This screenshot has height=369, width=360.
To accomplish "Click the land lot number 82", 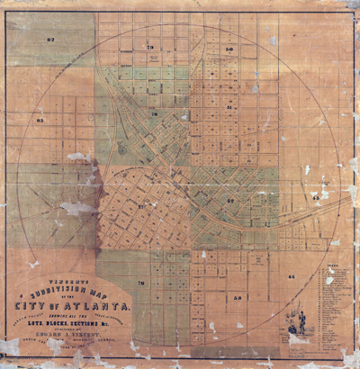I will click(x=50, y=40).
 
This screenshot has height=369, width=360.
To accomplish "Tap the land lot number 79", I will click(x=149, y=46).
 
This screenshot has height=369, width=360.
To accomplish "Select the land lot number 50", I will click(x=229, y=49).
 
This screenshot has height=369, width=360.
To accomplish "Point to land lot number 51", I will click(x=230, y=107).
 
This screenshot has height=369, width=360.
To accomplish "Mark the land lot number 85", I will click(x=40, y=120).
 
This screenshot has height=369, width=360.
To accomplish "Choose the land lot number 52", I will click(x=231, y=199).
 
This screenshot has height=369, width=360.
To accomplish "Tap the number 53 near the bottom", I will click(x=238, y=296).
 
